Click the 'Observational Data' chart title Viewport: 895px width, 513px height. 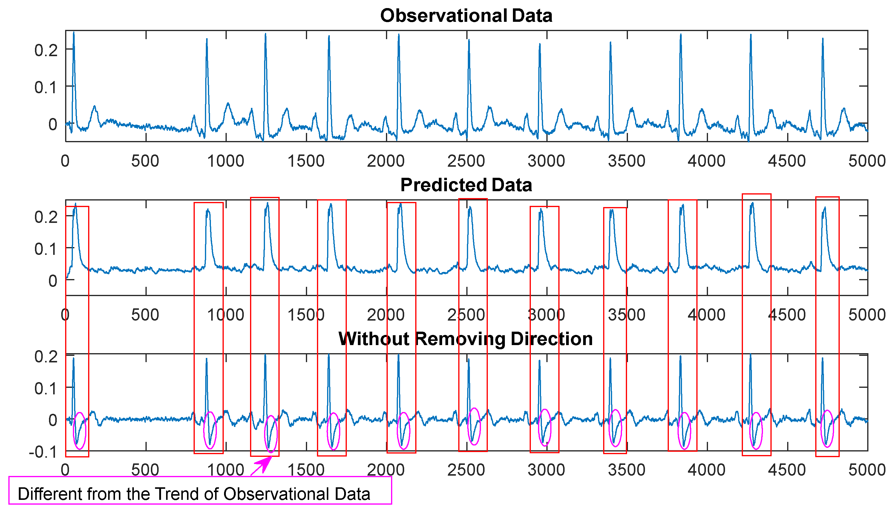[466, 16]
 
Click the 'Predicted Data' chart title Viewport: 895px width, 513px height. [466, 185]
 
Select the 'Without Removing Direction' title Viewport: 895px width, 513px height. [466, 339]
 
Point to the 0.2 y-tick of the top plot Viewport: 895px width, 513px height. [46, 50]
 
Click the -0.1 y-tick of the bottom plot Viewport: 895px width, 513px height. [43, 452]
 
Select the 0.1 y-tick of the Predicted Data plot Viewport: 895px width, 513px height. [46, 249]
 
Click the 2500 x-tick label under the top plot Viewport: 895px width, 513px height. [466, 161]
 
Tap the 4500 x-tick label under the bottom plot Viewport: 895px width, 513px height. [787, 470]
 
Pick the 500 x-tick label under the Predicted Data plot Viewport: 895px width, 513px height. [145, 315]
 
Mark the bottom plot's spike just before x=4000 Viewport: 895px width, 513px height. [681, 356]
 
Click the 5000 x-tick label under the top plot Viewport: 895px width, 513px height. [866, 161]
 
